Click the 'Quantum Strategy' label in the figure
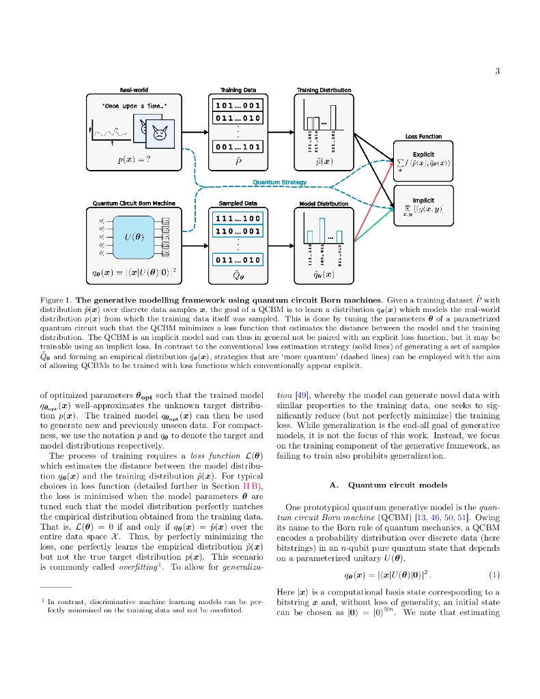click(x=280, y=182)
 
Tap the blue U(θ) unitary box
click(x=134, y=237)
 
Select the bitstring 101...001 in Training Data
click(x=238, y=106)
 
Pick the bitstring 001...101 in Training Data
click(x=238, y=147)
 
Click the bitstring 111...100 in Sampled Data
click(x=238, y=218)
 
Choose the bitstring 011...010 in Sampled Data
click(x=238, y=260)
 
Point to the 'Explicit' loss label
click(x=423, y=154)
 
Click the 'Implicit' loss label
click(x=423, y=200)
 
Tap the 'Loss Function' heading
click(x=423, y=137)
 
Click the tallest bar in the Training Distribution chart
click(x=333, y=117)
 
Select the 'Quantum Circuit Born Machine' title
click(x=134, y=203)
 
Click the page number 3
click(x=498, y=71)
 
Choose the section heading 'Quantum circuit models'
click(x=388, y=485)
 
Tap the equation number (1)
click(x=494, y=574)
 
